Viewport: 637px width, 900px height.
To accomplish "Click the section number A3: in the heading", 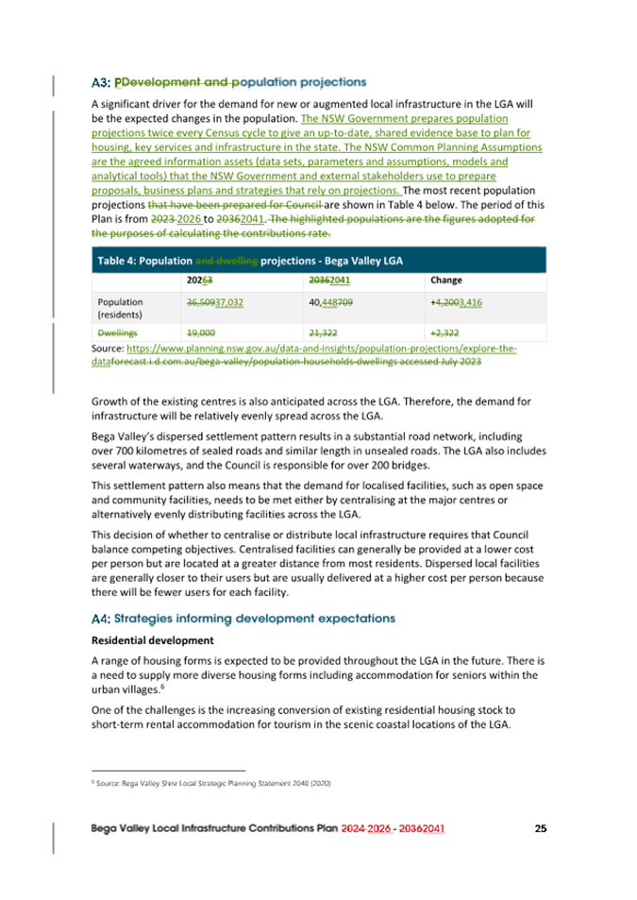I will coord(101,82).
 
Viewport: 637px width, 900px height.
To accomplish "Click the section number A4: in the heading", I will coord(101,619).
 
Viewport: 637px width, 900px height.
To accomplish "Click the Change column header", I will coord(445,280).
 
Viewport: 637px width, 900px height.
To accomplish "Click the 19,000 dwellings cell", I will coord(202,332).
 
